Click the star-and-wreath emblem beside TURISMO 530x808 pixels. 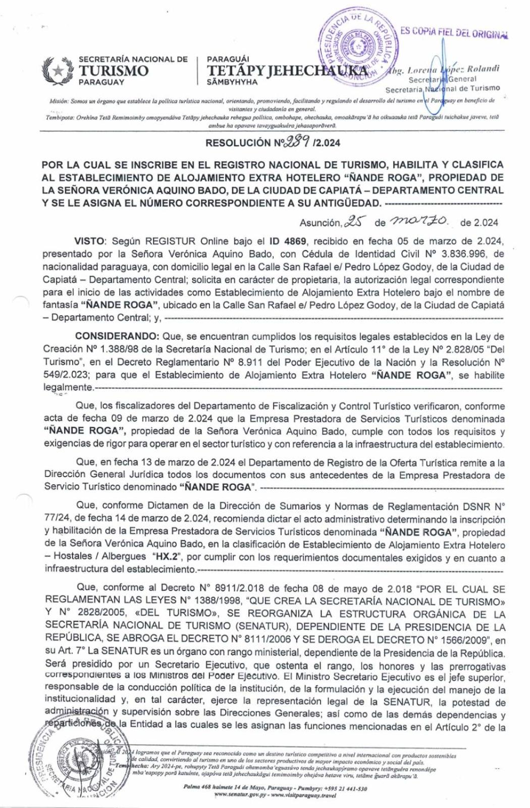coord(59,70)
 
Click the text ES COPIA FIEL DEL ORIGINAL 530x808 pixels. coord(454,32)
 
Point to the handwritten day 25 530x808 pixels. coord(355,221)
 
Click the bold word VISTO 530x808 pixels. coord(91,241)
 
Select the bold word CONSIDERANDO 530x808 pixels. coord(117,336)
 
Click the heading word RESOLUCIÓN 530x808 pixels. coord(238,143)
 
